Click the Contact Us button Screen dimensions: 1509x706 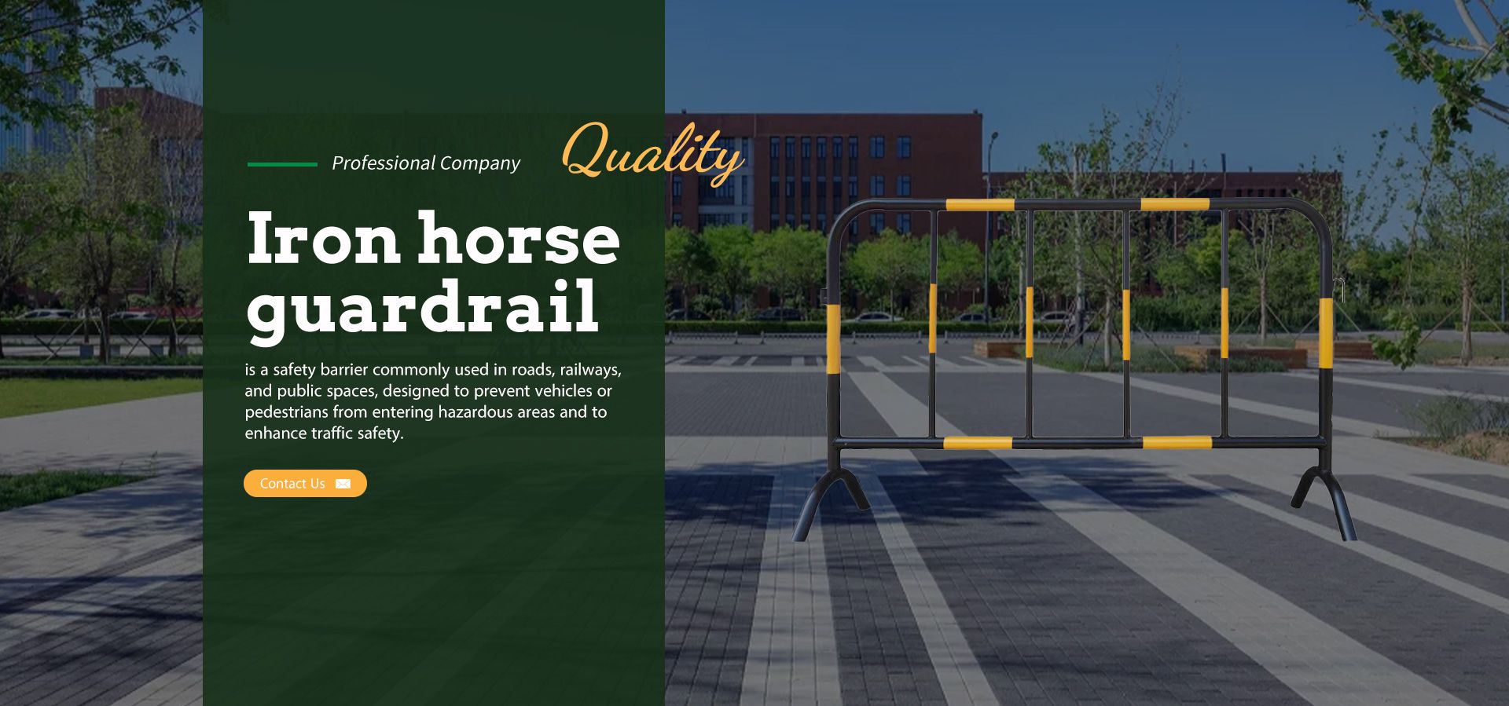pyautogui.click(x=305, y=483)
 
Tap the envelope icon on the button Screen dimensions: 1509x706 pyautogui.click(x=343, y=484)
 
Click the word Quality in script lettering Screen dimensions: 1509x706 pyautogui.click(x=652, y=153)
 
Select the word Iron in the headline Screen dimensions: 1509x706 pyautogui.click(x=324, y=239)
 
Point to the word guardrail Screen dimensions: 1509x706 pyautogui.click(x=423, y=308)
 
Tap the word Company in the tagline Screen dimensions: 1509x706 pyautogui.click(x=480, y=163)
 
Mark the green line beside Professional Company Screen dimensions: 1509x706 pyautogui.click(x=282, y=164)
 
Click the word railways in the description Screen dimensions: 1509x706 pyautogui.click(x=590, y=370)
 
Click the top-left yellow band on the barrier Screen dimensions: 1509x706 pyautogui.click(x=979, y=205)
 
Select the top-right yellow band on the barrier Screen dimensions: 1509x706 pyautogui.click(x=1174, y=204)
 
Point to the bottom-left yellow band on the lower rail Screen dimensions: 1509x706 pyautogui.click(x=978, y=443)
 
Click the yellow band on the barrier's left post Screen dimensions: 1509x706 pyautogui.click(x=833, y=338)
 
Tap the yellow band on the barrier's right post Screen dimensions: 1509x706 pyautogui.click(x=1326, y=333)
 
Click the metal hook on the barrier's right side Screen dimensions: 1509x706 pyautogui.click(x=1339, y=289)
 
